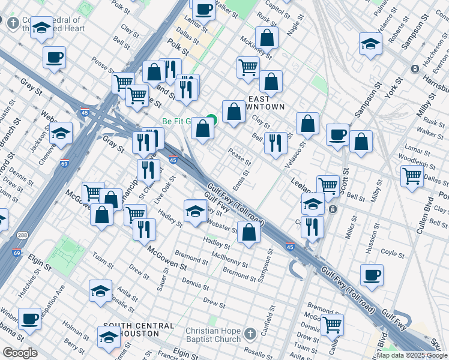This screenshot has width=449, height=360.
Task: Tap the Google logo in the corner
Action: point(20,353)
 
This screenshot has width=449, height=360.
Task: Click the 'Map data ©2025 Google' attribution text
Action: point(411,355)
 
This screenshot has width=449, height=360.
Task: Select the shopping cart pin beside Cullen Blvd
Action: point(412,176)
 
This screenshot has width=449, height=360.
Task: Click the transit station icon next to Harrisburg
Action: point(415,69)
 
